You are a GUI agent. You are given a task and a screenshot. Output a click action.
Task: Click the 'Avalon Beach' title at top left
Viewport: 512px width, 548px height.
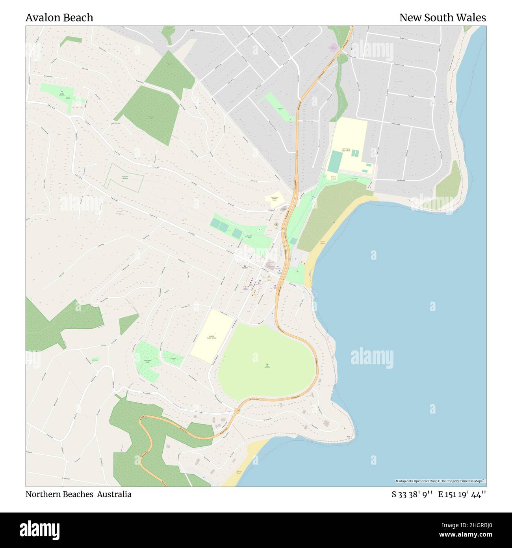tap(59, 18)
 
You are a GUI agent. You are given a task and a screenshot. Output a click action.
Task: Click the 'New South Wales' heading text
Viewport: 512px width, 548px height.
tap(442, 18)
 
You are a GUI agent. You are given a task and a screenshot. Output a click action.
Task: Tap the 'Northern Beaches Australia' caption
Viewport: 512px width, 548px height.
tap(78, 494)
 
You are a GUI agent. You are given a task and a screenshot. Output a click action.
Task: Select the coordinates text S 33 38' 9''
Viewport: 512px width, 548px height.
tap(412, 494)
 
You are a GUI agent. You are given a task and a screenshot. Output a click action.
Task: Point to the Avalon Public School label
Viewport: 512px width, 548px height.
tap(211, 337)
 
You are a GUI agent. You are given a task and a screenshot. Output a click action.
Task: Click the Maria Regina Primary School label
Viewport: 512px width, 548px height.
tap(274, 198)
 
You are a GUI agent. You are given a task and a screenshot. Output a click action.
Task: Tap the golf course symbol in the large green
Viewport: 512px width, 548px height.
tap(267, 364)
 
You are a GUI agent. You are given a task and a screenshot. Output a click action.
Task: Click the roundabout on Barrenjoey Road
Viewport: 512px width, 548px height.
tap(237, 411)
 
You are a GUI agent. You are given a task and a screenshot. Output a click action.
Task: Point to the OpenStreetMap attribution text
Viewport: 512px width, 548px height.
tap(440, 481)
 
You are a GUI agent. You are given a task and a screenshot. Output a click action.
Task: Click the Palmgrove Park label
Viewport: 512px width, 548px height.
tap(147, 361)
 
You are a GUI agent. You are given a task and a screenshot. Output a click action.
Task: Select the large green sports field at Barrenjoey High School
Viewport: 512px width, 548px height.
tap(335, 161)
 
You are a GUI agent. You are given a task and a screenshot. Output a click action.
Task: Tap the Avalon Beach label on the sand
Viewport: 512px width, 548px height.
tap(323, 243)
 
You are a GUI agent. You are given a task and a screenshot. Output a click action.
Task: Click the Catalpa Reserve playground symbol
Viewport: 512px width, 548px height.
tap(61, 93)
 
